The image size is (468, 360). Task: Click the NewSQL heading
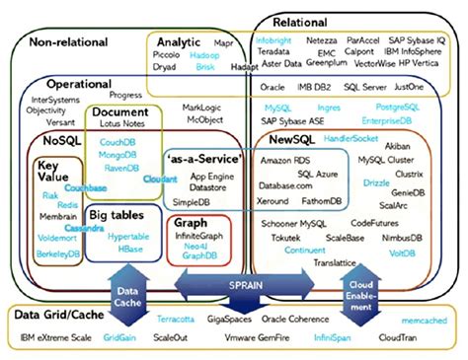point(291,141)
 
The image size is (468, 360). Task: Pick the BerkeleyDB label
point(58,252)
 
